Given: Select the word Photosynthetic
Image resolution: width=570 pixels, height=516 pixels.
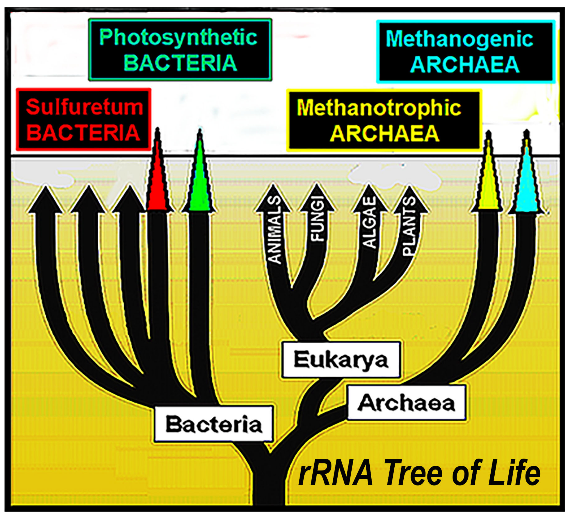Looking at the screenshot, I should pyautogui.click(x=178, y=37).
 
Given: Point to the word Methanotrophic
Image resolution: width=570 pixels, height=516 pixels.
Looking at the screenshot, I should pyautogui.click(x=379, y=108).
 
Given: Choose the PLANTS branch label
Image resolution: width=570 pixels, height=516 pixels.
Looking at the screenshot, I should pyautogui.click(x=409, y=226).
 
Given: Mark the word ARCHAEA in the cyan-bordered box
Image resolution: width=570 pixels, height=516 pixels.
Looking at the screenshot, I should pyautogui.click(x=465, y=65).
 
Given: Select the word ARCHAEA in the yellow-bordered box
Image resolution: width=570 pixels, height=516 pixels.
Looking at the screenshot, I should pyautogui.click(x=385, y=134).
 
